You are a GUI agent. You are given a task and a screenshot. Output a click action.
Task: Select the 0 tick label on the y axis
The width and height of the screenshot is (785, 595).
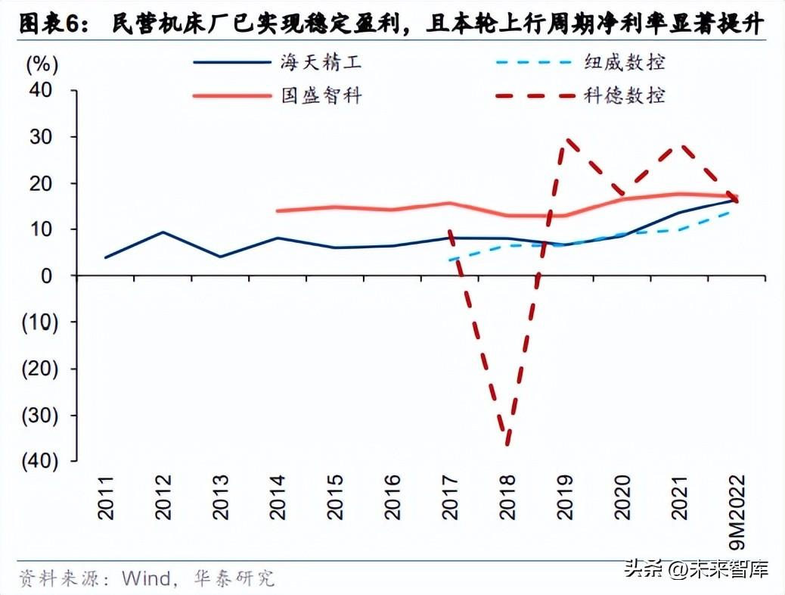pos(47,276)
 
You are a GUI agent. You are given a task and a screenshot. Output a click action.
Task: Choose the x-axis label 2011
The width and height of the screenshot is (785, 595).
pos(105,497)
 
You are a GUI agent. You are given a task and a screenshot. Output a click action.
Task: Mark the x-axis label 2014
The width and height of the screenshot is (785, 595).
pos(278,497)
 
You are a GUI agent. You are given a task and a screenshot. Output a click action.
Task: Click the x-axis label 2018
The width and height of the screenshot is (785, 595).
pos(507,497)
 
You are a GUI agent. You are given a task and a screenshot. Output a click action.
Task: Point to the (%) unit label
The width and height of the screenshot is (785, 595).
pos(42,64)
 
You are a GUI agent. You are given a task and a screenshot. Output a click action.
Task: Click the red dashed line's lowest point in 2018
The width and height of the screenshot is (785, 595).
pos(507,443)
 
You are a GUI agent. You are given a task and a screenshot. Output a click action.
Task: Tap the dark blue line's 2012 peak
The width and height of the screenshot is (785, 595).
pos(163,232)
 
